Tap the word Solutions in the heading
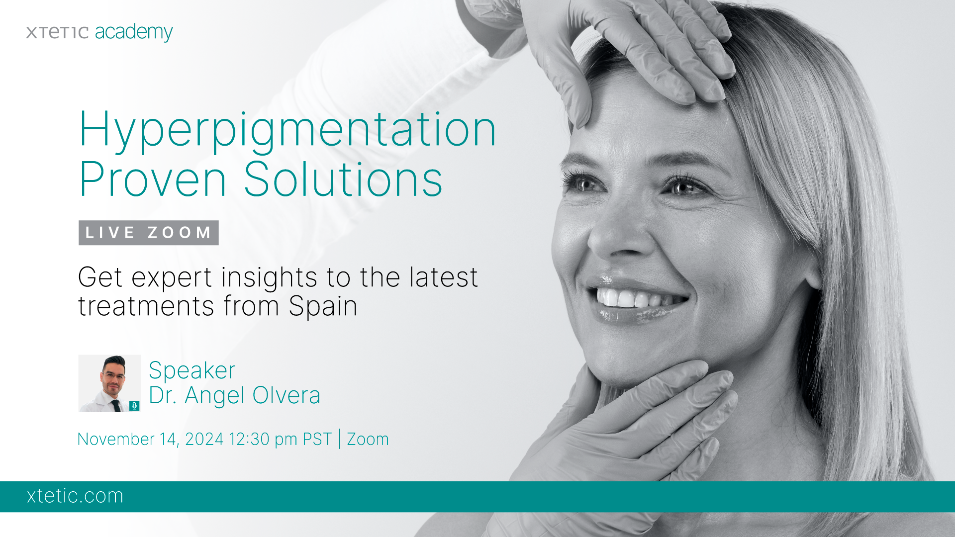click(x=343, y=179)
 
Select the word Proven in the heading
click(x=152, y=179)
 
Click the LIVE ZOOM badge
click(x=149, y=233)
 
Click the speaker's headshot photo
click(x=109, y=383)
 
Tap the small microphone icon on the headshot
click(x=134, y=406)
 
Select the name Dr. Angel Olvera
click(x=234, y=396)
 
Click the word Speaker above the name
click(x=192, y=371)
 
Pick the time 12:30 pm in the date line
click(x=263, y=440)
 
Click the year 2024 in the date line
click(x=204, y=440)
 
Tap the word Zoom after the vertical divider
click(x=368, y=440)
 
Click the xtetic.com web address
click(x=75, y=496)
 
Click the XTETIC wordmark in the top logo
click(x=57, y=33)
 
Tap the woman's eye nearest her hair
click(x=684, y=187)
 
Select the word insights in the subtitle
click(x=269, y=278)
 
